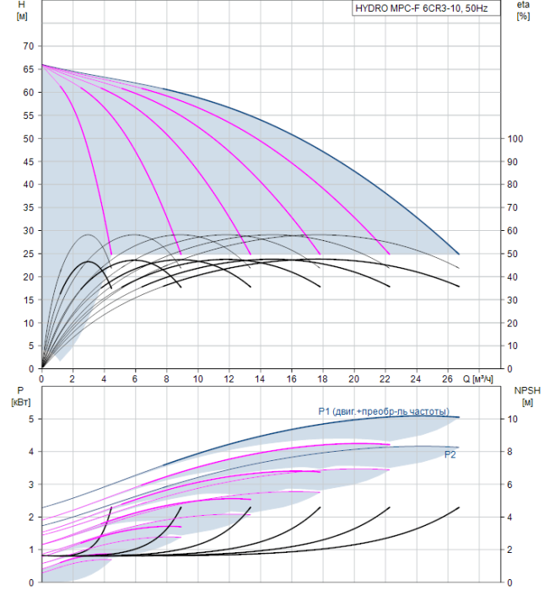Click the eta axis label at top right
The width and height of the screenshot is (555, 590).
click(524, 5)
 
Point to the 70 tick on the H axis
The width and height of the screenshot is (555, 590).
click(29, 46)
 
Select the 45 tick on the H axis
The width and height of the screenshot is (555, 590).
click(29, 161)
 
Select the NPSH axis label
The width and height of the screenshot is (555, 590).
click(525, 390)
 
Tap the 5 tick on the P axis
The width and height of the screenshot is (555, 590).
click(30, 419)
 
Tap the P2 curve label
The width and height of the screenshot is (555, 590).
click(450, 454)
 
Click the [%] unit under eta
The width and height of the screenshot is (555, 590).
click(523, 17)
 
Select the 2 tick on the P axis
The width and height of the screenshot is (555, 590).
click(30, 517)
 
